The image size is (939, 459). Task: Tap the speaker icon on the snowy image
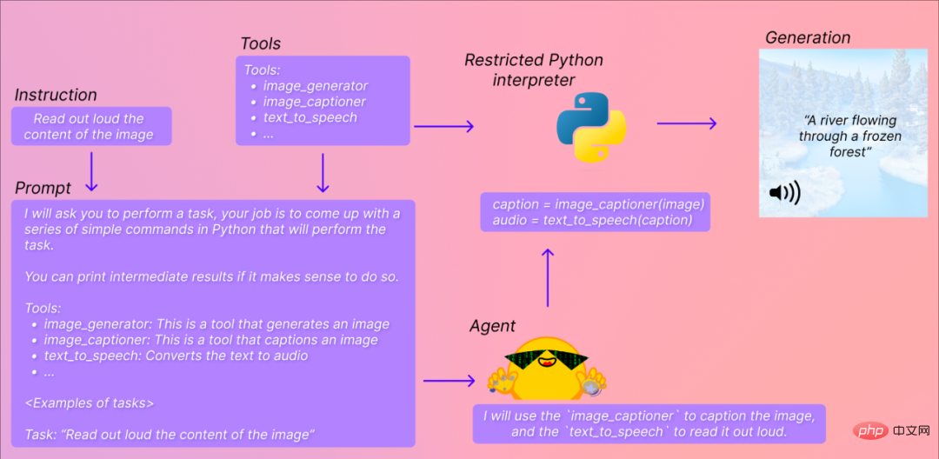[x=784, y=193]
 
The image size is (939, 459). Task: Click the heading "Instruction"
[x=56, y=95]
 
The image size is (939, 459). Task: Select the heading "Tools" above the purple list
[x=261, y=43]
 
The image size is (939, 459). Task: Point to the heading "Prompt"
[x=43, y=188]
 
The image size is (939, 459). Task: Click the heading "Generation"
[x=808, y=37]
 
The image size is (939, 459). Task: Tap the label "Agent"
[x=491, y=325]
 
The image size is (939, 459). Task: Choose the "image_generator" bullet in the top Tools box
[x=316, y=85]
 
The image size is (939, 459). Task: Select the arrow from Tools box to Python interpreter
[x=443, y=126]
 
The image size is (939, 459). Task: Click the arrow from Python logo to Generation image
[x=687, y=123]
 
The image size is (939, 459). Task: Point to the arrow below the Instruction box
[x=91, y=172]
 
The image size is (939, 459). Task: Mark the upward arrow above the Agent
[x=547, y=277]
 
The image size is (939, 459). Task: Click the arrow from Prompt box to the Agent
[x=450, y=381]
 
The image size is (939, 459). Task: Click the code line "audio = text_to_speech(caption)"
[x=592, y=220]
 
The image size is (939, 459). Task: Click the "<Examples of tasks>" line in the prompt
[x=90, y=402]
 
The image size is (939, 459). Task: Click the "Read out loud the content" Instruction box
[x=91, y=126]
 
